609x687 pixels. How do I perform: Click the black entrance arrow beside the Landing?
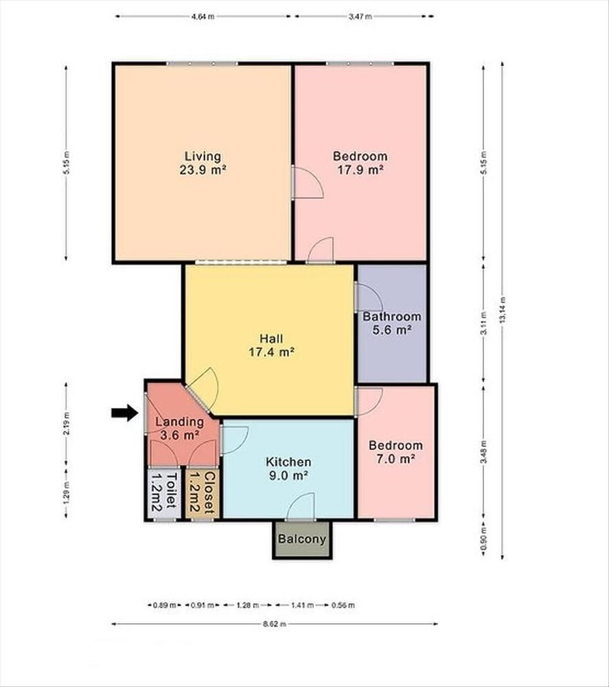click(x=125, y=412)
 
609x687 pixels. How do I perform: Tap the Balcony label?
click(x=302, y=539)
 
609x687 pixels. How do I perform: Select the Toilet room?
click(x=164, y=493)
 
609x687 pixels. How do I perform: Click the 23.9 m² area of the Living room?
click(x=203, y=170)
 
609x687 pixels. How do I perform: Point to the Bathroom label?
click(x=392, y=316)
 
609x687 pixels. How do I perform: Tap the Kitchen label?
click(x=288, y=462)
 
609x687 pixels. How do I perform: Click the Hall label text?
click(x=271, y=339)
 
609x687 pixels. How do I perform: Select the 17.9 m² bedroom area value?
click(x=360, y=170)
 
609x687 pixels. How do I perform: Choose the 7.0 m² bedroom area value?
click(x=395, y=459)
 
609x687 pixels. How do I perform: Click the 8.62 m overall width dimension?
click(x=275, y=624)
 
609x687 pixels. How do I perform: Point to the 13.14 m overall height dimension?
click(x=502, y=311)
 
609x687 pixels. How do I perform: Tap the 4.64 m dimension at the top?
click(x=203, y=17)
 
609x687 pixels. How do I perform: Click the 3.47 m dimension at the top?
click(x=360, y=17)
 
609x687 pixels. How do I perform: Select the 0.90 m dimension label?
click(x=484, y=543)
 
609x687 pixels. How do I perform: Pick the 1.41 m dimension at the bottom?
click(x=303, y=605)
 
